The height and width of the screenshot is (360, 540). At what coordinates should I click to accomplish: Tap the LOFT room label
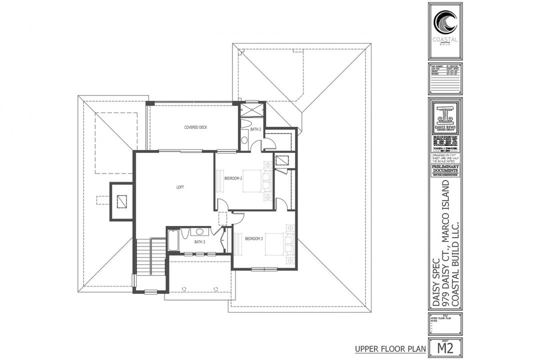[180, 187]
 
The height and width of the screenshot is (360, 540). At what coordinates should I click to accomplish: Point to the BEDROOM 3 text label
[254, 239]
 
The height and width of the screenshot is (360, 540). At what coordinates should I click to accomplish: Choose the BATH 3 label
[200, 242]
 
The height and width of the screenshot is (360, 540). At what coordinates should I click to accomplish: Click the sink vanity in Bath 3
[199, 232]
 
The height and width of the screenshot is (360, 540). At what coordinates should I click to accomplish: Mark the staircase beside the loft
[151, 256]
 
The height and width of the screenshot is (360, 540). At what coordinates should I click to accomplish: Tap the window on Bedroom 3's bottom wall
[264, 269]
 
